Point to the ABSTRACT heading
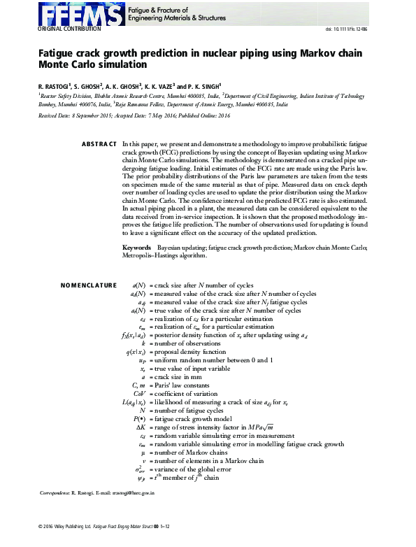click(99, 143)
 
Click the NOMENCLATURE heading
click(88, 285)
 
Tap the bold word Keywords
click(136, 248)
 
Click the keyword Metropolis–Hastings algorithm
click(164, 255)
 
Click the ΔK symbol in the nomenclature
click(140, 426)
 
